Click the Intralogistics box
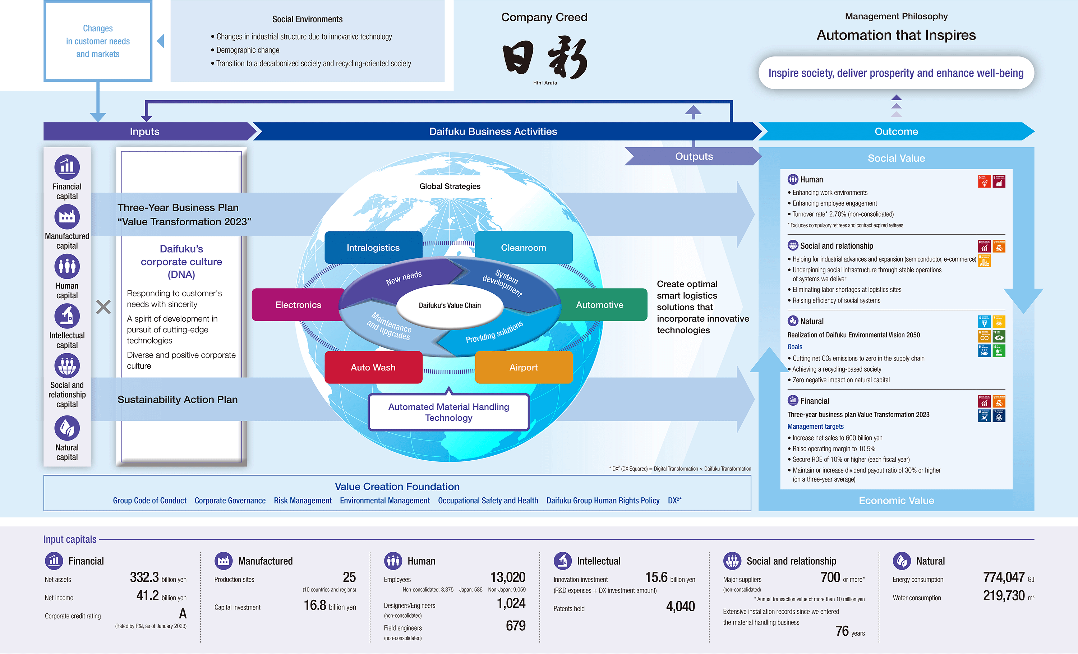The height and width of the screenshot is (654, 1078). [373, 248]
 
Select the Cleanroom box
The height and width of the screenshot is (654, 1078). [523, 248]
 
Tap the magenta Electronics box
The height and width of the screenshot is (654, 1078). [298, 305]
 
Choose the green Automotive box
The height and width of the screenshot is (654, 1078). [599, 305]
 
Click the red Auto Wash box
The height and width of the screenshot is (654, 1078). [373, 368]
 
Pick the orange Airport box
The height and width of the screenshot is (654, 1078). [523, 368]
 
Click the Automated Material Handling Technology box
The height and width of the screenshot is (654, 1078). [448, 412]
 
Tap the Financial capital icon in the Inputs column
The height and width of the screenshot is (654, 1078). [67, 167]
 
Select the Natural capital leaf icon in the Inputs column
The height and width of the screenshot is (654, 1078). [67, 428]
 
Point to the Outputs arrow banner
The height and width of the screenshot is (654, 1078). [694, 157]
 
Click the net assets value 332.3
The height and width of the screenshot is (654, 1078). [144, 577]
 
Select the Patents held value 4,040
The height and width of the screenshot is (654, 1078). [680, 606]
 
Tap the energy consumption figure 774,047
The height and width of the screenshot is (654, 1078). [1004, 577]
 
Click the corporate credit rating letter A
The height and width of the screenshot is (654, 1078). [183, 614]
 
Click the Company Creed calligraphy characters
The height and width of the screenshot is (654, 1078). [545, 58]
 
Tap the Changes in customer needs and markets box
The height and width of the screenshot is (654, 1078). [98, 41]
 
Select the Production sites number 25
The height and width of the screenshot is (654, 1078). [349, 577]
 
